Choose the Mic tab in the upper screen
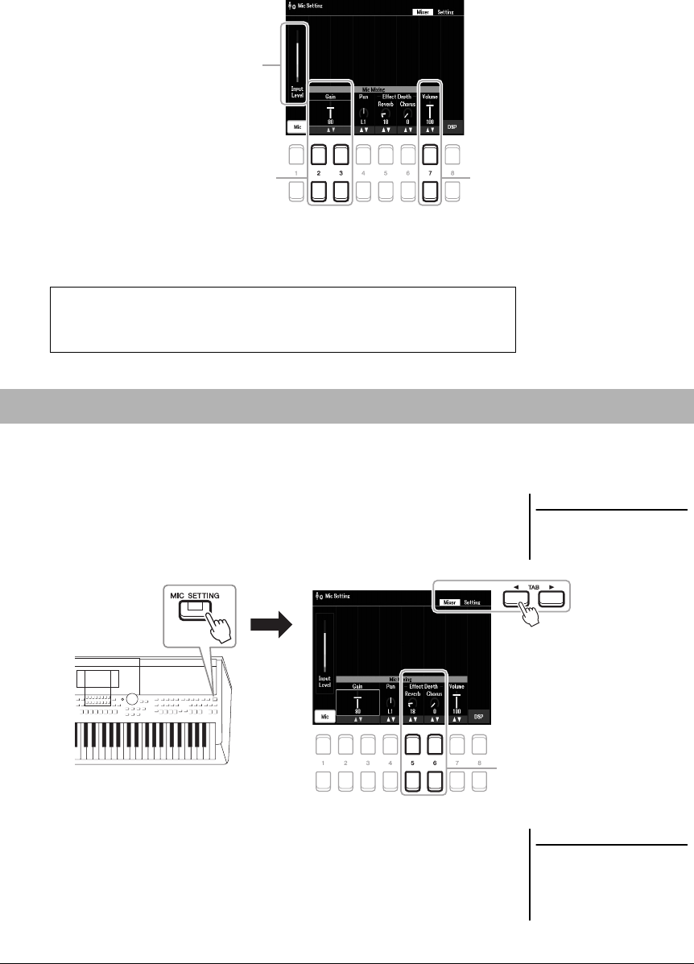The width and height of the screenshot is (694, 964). pyautogui.click(x=296, y=126)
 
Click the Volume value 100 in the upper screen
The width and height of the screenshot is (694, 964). pyautogui.click(x=430, y=121)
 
